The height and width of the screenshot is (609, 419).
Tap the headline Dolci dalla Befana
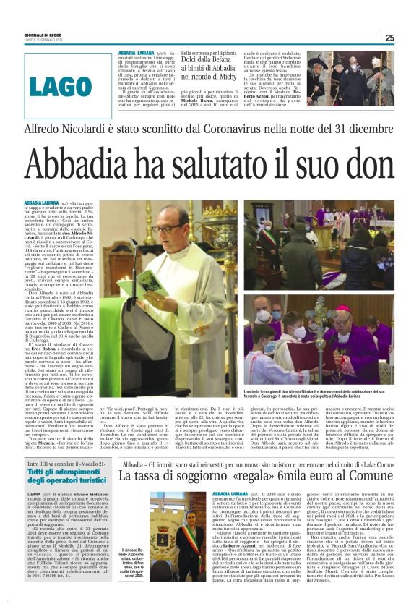(x=214, y=62)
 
